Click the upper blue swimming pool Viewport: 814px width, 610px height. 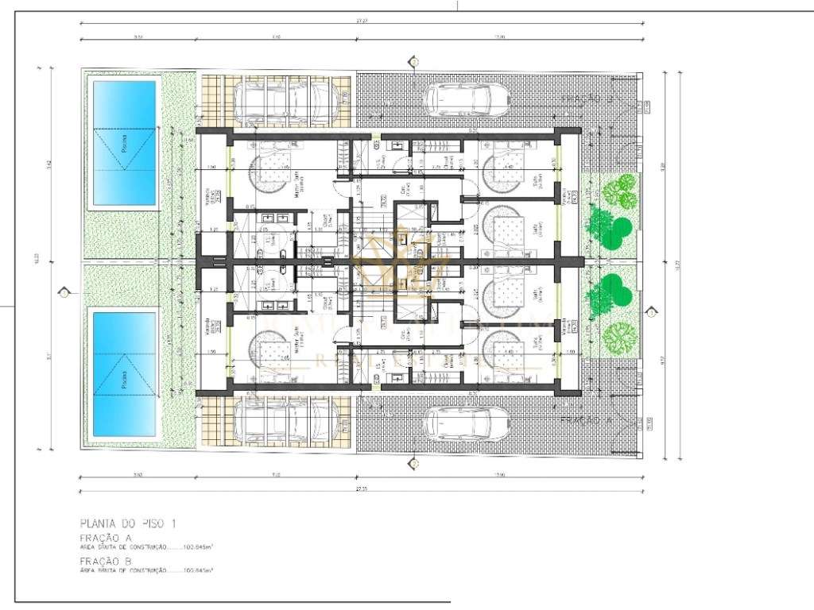tap(124, 140)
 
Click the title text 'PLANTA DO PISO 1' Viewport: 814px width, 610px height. tap(127, 523)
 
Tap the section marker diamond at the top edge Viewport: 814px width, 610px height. tap(413, 61)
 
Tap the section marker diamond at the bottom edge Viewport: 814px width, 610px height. tap(413, 462)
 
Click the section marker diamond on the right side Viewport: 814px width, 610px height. tap(651, 313)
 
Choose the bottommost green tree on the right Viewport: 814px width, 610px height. tap(619, 338)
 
